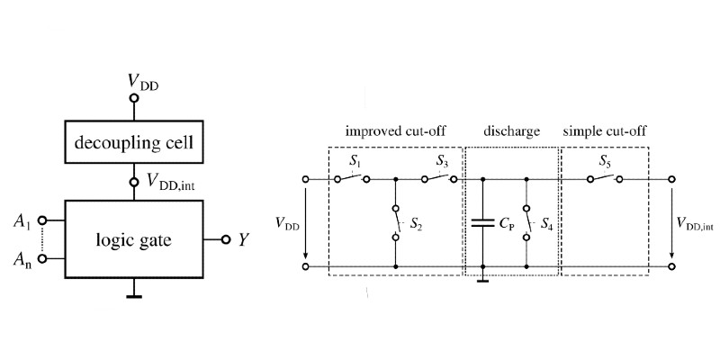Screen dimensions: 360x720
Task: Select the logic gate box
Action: click(x=134, y=239)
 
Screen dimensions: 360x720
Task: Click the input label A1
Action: click(x=22, y=220)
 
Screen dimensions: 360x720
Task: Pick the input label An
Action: click(x=22, y=260)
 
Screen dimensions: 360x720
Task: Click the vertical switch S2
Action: click(x=396, y=222)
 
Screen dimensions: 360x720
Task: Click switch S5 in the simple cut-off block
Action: click(x=604, y=178)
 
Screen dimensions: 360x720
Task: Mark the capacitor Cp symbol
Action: click(x=483, y=223)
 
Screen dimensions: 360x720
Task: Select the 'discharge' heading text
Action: click(x=510, y=131)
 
